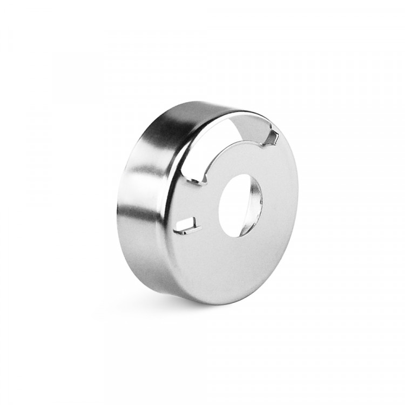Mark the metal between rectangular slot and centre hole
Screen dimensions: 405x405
coord(208,216)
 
